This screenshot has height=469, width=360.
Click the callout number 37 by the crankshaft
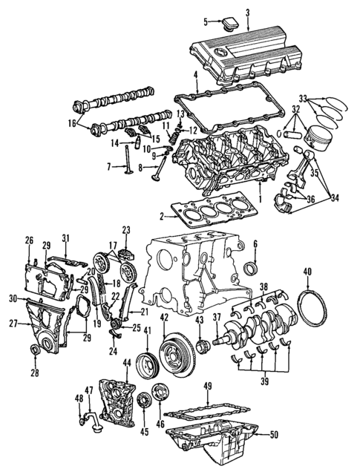coord(217,318)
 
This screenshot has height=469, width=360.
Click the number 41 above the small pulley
coord(148,330)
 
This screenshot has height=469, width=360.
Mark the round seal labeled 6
coord(252,268)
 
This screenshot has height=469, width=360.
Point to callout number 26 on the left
coord(30,240)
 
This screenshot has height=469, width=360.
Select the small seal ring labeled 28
coord(35,350)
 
